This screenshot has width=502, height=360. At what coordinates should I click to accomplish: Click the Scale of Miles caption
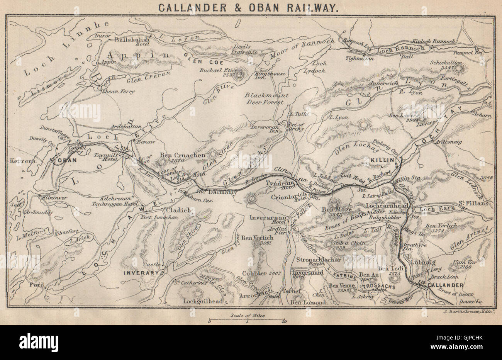click(251, 315)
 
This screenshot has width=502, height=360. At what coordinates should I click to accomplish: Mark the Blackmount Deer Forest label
click(269, 98)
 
